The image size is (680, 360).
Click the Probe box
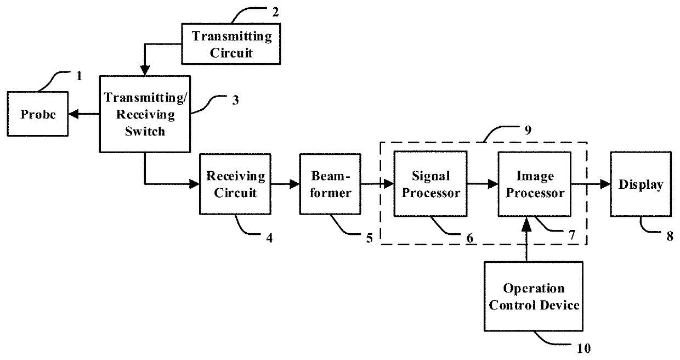38,114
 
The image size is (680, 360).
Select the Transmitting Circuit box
231,44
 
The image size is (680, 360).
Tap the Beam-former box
330,184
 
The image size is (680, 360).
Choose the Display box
641,184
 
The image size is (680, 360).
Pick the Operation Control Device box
534,296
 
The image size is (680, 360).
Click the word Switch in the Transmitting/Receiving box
145,131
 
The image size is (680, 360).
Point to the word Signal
431,176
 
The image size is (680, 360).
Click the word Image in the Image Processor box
535,176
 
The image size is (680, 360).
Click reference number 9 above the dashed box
528,130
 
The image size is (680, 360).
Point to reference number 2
275,12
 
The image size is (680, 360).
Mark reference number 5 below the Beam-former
370,238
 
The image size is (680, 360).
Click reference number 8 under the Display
670,237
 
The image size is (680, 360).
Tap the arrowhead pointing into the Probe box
73,114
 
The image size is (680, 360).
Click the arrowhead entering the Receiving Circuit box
194,184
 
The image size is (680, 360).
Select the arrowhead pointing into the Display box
605,184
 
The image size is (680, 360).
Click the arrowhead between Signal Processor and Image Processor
493,184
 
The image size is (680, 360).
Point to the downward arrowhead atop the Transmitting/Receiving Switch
145,70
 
